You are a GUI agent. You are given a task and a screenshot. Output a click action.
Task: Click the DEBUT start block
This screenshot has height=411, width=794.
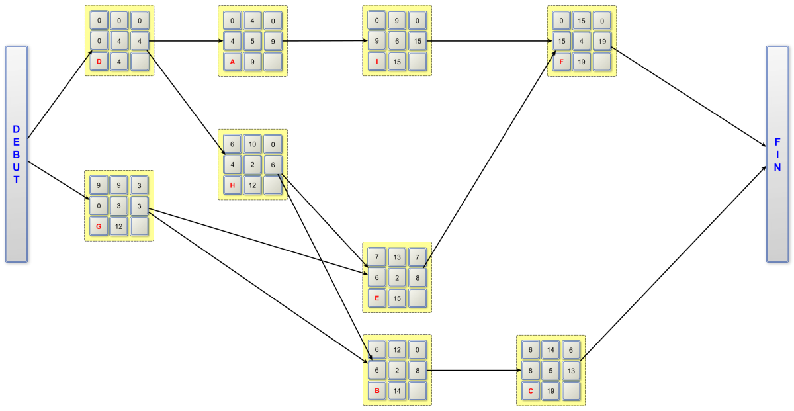coord(17,154)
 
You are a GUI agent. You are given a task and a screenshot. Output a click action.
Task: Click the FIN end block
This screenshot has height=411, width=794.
coord(777,154)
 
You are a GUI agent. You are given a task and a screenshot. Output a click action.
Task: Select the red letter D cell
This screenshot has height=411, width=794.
coord(99,62)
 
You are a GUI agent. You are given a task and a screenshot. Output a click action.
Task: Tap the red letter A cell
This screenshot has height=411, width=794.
coord(232,62)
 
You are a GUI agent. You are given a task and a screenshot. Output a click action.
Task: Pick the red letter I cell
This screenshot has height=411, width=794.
coord(377,62)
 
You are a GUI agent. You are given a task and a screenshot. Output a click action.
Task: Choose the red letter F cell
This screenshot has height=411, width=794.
coord(562,62)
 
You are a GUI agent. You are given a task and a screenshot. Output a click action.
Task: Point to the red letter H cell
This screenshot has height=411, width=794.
coord(232,185)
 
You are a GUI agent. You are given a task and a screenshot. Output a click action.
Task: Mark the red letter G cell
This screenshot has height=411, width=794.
coord(99,226)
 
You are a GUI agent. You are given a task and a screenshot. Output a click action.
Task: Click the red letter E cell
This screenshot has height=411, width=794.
coord(377,298)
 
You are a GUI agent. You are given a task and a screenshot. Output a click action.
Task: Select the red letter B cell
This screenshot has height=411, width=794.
coord(377,390)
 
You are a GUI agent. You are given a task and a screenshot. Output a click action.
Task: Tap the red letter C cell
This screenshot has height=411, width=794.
coord(531,390)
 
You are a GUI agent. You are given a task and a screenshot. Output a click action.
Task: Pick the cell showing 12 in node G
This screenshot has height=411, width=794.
coord(119,226)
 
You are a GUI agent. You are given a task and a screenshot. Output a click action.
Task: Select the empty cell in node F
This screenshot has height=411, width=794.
coord(602,62)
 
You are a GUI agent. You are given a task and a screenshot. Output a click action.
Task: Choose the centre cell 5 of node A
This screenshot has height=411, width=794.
coord(252,42)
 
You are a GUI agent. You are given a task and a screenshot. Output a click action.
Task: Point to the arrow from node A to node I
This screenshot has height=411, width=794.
coord(324,41)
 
